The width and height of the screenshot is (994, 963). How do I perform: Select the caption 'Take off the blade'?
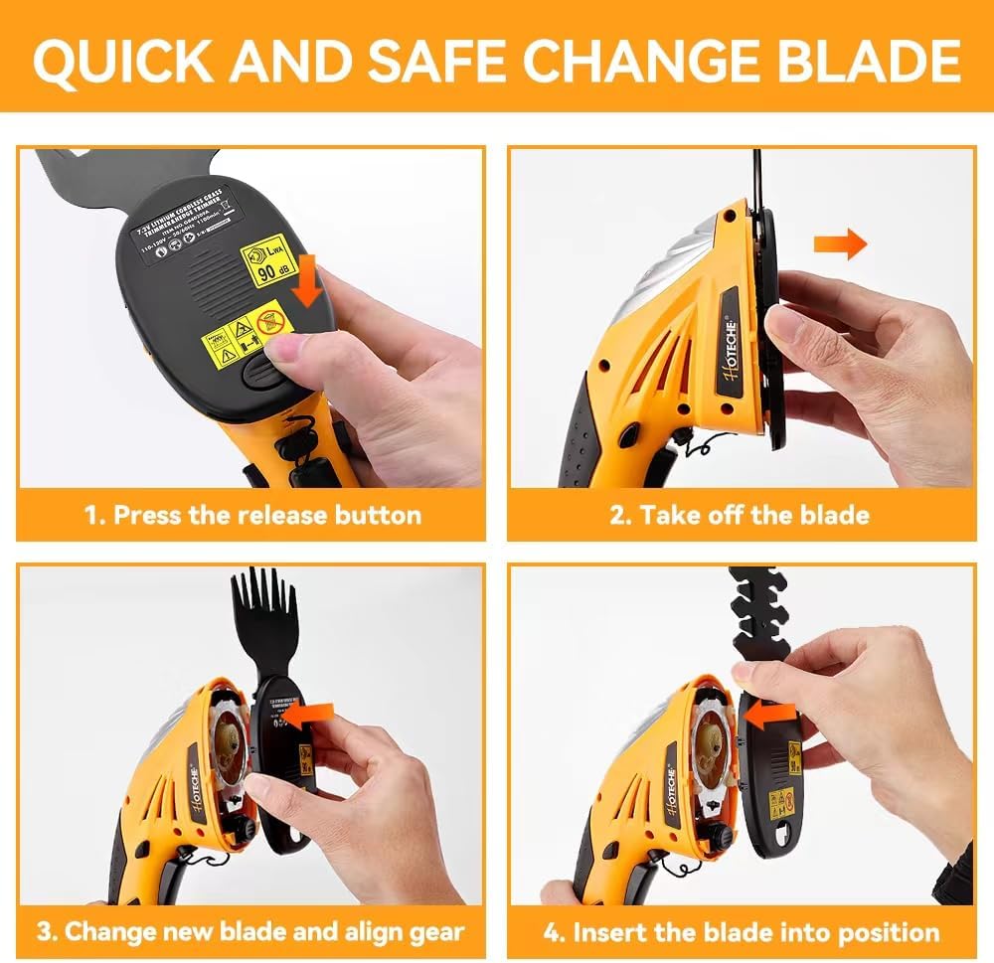[x=742, y=515]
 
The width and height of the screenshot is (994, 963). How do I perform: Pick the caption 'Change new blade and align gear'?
[x=250, y=932]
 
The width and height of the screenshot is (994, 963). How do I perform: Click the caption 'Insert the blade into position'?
[x=742, y=932]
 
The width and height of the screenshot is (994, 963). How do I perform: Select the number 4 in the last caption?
[x=554, y=932]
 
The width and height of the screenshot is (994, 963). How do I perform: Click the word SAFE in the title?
[x=440, y=62]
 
